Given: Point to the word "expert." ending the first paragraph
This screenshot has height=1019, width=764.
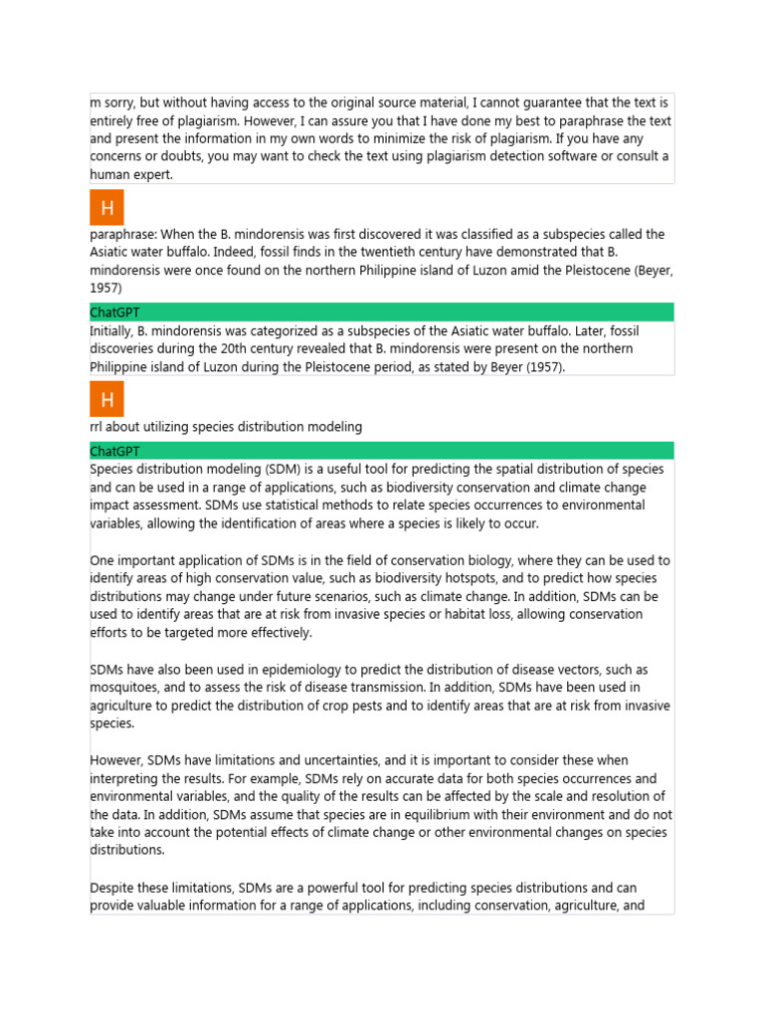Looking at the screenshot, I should (x=151, y=174).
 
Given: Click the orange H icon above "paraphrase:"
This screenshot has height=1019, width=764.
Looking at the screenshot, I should (x=107, y=208).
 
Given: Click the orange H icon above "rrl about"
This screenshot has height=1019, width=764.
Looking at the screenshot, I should (x=107, y=400).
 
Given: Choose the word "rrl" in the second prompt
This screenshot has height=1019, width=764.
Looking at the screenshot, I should (x=98, y=427).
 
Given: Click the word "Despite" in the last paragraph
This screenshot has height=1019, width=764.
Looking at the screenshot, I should (x=112, y=888).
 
